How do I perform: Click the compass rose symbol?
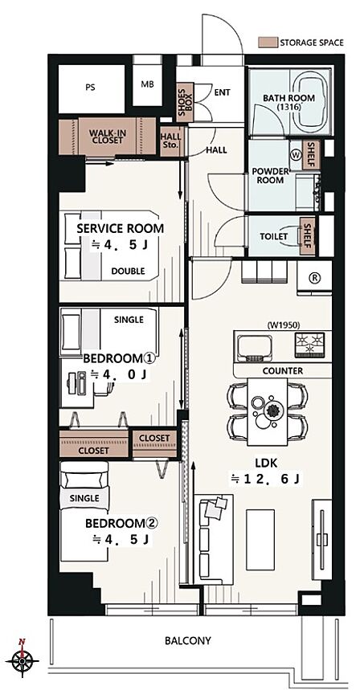(22, 660)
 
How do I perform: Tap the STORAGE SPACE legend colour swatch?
(268, 43)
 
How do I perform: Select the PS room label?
(90, 87)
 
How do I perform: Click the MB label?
(147, 84)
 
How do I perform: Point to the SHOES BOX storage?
(184, 102)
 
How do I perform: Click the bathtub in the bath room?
(313, 104)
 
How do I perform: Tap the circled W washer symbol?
(295, 154)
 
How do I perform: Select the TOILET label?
(273, 236)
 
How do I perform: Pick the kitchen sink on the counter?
(254, 347)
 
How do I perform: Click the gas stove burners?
(310, 343)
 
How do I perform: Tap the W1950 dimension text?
(284, 325)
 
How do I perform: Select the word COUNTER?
(283, 370)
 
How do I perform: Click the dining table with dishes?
(268, 411)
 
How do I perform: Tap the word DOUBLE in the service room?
(128, 271)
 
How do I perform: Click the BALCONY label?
(188, 640)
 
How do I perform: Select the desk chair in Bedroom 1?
(104, 387)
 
